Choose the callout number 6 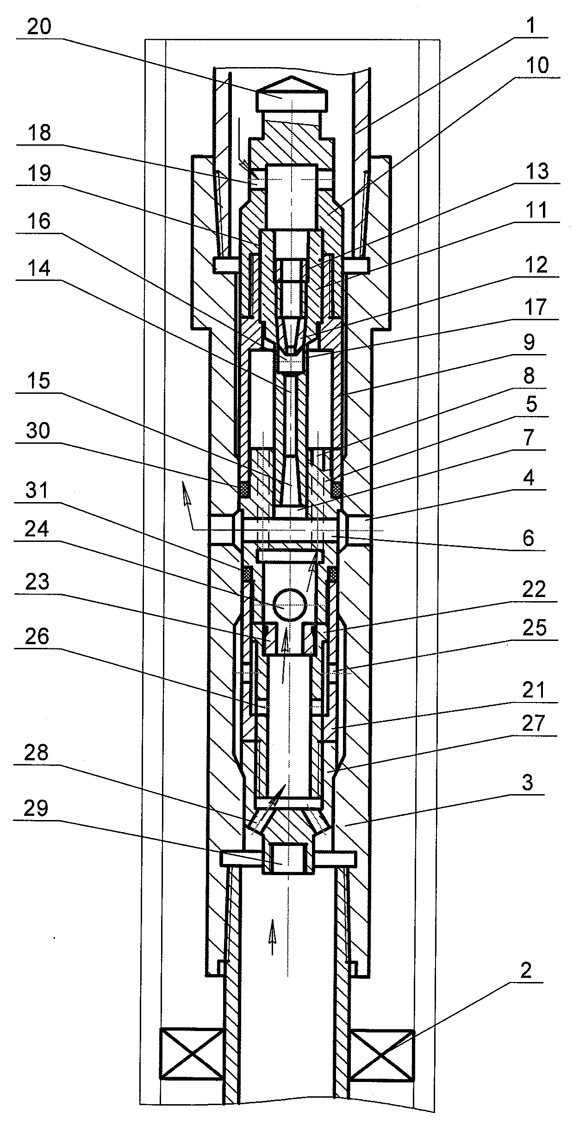[x=528, y=538]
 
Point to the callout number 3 [x=528, y=783]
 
